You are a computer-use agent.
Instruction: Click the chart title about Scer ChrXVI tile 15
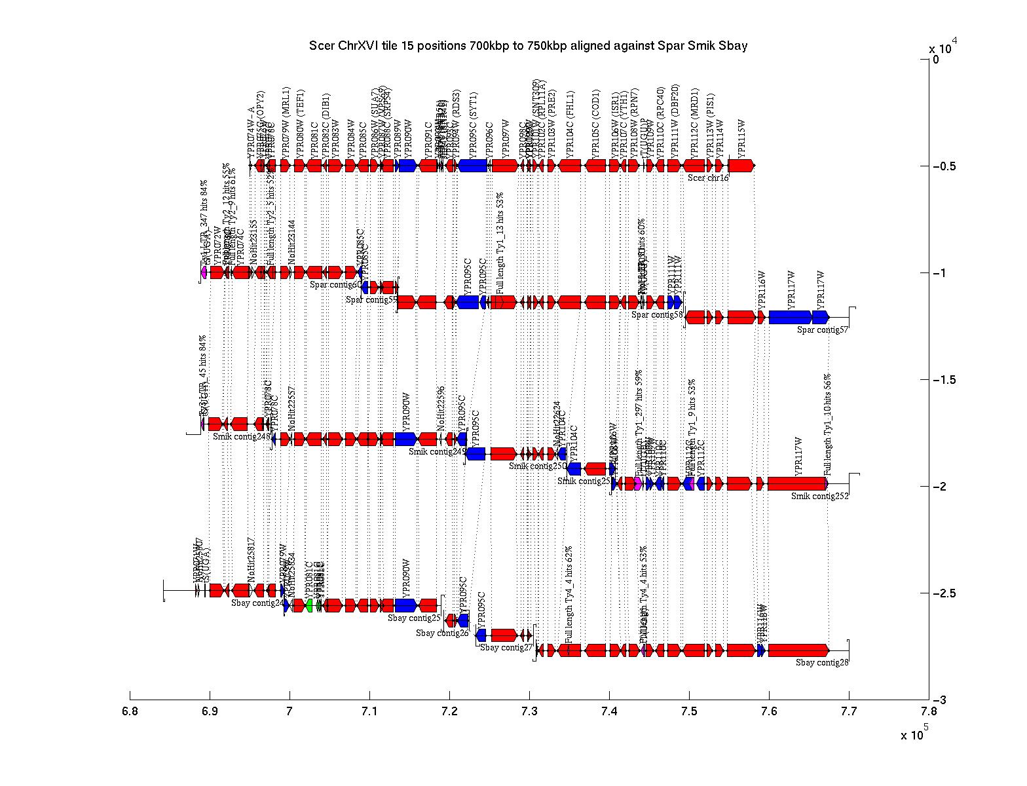tap(528, 47)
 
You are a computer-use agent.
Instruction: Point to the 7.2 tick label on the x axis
tap(449, 713)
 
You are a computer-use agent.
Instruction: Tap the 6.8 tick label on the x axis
tap(130, 713)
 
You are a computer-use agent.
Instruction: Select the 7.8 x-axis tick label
tap(928, 713)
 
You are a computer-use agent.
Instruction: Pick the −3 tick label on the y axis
tap(941, 700)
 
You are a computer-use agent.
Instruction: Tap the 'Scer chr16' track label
tap(708, 178)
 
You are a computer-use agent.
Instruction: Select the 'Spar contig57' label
tap(823, 329)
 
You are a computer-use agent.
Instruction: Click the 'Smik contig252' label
tap(819, 496)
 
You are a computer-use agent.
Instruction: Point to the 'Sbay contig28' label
tap(822, 662)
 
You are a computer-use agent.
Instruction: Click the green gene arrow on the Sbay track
tap(309, 605)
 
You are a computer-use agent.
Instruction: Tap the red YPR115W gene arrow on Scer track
tap(741, 166)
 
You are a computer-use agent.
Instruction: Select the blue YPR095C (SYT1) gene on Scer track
tap(473, 166)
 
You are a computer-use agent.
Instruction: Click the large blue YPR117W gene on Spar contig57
tap(791, 317)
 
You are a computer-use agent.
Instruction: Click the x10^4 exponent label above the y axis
tap(943, 47)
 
